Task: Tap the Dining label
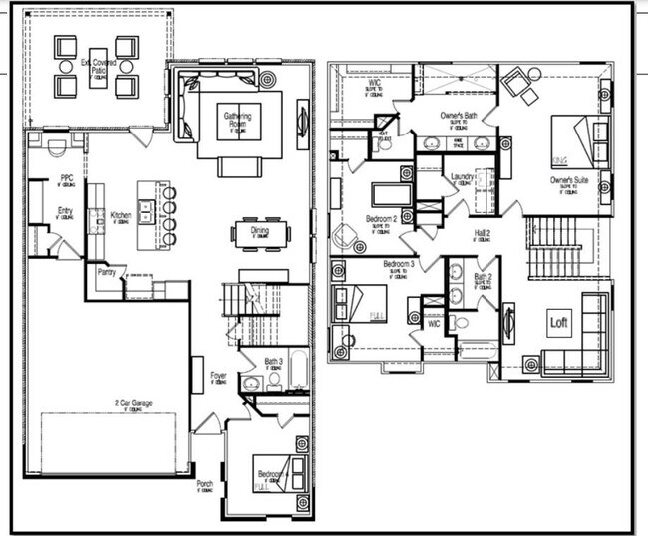(259, 229)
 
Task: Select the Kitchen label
(120, 215)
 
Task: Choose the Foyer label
(219, 377)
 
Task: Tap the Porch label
(205, 485)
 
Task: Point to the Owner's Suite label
(565, 181)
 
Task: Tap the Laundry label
(461, 177)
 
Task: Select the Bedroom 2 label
(381, 217)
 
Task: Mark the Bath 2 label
(484, 277)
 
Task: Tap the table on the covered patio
(98, 66)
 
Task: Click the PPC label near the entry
(66, 179)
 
